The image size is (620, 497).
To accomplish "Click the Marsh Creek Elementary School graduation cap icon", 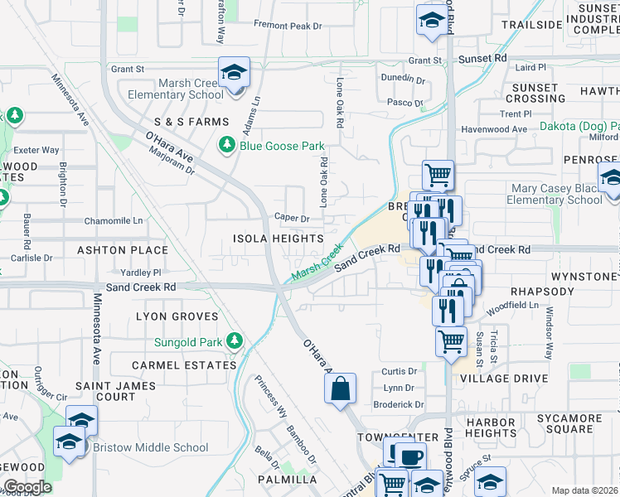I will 234,74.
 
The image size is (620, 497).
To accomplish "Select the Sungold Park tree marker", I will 235,341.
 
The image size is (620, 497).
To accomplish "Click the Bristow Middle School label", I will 151,447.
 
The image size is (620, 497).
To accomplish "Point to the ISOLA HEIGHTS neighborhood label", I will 279,239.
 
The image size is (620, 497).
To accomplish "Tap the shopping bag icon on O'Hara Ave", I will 341,388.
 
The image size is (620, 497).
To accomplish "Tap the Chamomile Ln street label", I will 114,221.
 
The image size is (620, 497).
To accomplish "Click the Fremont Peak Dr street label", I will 288,27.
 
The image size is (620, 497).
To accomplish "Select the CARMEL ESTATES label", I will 173,365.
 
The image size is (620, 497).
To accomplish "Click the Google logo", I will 27,487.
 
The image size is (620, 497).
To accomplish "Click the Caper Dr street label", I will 292,219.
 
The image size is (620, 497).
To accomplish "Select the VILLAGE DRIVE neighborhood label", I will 504,379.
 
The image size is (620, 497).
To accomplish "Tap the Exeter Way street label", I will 36,150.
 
